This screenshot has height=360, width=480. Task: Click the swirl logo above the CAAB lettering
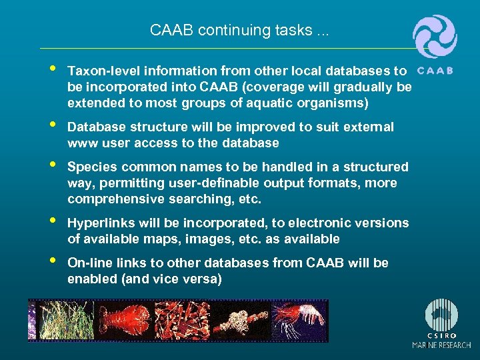[x=435, y=37]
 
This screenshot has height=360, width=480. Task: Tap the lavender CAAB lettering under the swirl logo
[x=434, y=70]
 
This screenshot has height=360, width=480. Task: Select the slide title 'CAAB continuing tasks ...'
[x=239, y=30]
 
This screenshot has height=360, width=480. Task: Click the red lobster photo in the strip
[x=123, y=321]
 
